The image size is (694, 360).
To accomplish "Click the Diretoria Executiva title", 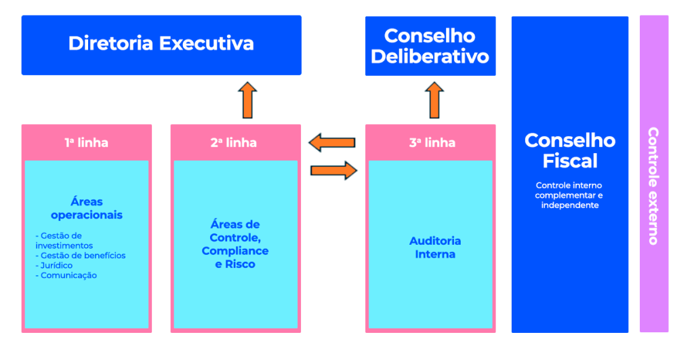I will (161, 44).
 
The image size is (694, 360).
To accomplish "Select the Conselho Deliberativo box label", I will (430, 46).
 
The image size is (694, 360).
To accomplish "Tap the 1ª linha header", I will (86, 142).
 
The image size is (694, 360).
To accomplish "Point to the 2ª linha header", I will (234, 142).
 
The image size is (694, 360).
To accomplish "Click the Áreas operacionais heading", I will (86, 208).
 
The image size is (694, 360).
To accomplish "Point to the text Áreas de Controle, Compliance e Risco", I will (234, 244).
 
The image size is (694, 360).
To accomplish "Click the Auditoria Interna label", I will (435, 247).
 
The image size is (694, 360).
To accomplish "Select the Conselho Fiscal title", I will (570, 151).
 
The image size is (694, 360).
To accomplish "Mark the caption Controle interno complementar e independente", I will (569, 195).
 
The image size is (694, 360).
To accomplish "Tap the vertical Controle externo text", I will (653, 186).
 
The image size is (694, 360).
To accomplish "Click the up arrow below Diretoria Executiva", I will (247, 100).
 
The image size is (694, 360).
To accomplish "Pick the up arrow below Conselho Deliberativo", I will (435, 100).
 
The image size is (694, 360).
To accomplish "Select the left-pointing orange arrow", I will (331, 142).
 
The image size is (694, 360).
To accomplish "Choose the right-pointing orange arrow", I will (333, 169).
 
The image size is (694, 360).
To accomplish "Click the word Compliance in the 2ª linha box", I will (234, 251).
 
